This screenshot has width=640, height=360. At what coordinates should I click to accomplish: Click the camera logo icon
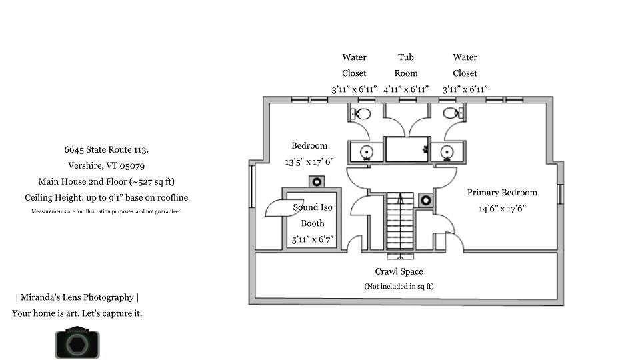click(x=77, y=343)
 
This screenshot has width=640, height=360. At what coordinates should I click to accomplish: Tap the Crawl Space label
click(x=399, y=271)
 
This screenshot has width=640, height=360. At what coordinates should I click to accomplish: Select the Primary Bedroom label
click(x=502, y=193)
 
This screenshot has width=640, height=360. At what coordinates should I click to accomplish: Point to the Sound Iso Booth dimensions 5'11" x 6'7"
click(x=313, y=239)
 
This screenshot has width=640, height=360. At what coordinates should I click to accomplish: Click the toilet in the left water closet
click(x=361, y=113)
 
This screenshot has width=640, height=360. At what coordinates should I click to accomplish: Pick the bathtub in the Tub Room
click(x=407, y=149)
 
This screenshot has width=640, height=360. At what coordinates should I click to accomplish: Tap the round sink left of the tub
click(x=367, y=152)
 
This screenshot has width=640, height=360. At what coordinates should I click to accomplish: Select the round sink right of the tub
click(x=447, y=152)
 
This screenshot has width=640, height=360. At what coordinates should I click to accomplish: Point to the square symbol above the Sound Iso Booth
click(x=316, y=181)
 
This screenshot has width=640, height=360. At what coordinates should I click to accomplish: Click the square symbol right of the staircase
click(x=426, y=200)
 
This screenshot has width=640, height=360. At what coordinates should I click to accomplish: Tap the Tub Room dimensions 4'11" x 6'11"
click(x=406, y=89)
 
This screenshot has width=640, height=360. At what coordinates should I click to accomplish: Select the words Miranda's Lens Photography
click(x=77, y=297)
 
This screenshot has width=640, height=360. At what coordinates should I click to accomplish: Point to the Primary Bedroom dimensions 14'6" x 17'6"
click(x=502, y=209)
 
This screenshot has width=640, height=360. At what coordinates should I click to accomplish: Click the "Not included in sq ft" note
click(x=399, y=286)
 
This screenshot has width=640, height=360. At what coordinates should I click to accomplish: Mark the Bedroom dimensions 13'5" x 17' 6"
click(x=309, y=161)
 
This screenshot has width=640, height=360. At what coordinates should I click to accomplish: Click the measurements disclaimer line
click(x=107, y=211)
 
